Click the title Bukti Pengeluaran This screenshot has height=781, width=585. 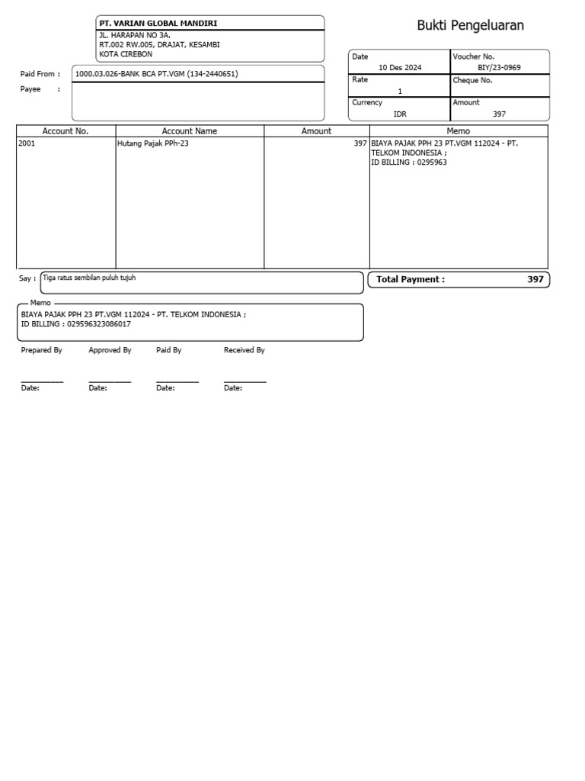[x=470, y=26]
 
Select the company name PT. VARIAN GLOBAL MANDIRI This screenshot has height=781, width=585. [x=158, y=24]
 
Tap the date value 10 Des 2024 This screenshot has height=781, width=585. [x=399, y=68]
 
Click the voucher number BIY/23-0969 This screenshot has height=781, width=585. [x=499, y=68]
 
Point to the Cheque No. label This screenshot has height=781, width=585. [x=472, y=80]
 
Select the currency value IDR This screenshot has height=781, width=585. [x=400, y=114]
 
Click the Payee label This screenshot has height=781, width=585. [x=30, y=89]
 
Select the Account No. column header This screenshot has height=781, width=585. [x=66, y=131]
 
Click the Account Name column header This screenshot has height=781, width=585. [x=190, y=131]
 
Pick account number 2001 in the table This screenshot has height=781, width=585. [x=27, y=143]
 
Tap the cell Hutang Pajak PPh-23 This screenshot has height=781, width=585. [x=153, y=143]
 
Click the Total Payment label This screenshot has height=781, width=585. [x=411, y=280]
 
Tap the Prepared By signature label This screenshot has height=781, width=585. [x=41, y=351]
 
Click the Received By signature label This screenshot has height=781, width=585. [x=244, y=351]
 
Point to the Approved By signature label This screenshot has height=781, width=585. [x=110, y=351]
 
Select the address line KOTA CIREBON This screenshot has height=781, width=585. [x=126, y=55]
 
